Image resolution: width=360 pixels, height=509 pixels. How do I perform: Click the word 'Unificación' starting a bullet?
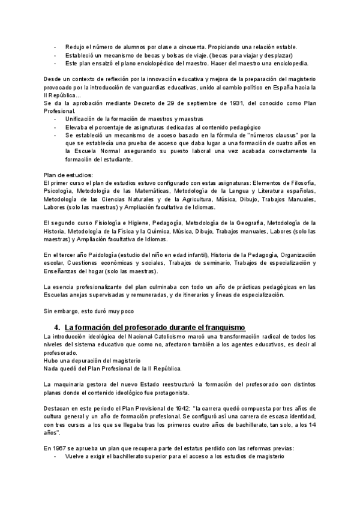click(x=82, y=119)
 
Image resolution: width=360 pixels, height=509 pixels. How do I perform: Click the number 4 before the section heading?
click(x=56, y=327)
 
